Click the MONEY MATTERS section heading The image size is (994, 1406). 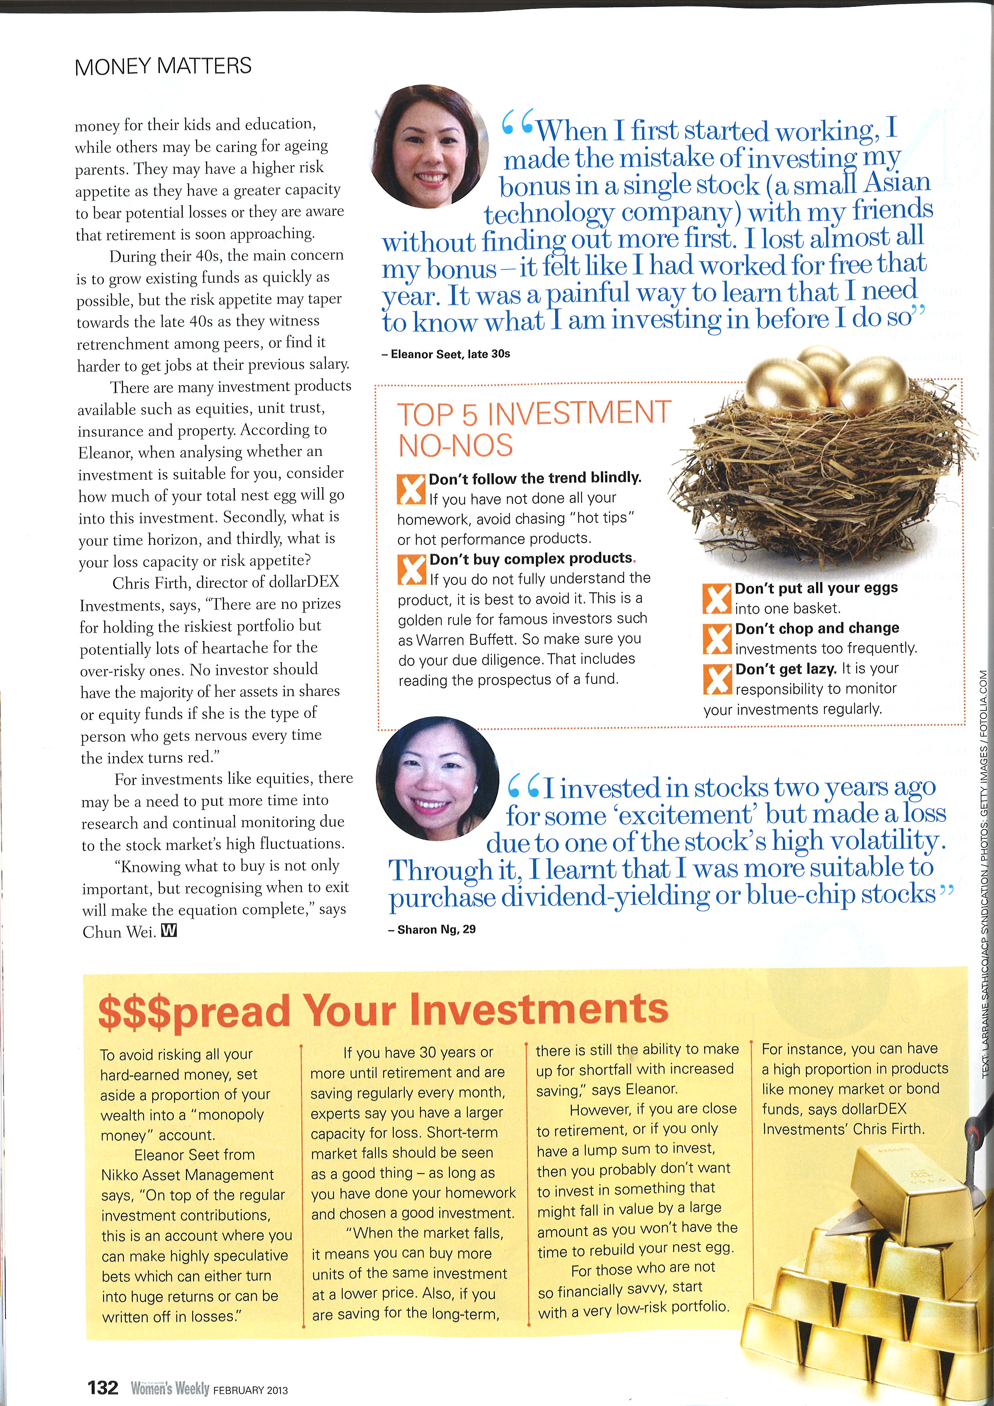click(x=163, y=66)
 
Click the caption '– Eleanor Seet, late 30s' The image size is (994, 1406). click(x=446, y=354)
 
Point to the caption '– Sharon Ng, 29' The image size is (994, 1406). click(x=432, y=929)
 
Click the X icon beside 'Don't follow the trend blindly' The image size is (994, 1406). click(x=411, y=489)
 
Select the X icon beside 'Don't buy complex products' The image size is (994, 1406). click(x=411, y=570)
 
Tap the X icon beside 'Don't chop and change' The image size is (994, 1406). click(x=717, y=639)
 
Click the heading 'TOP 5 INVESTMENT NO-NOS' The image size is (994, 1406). click(x=534, y=429)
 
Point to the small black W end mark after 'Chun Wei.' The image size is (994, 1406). click(x=168, y=931)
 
